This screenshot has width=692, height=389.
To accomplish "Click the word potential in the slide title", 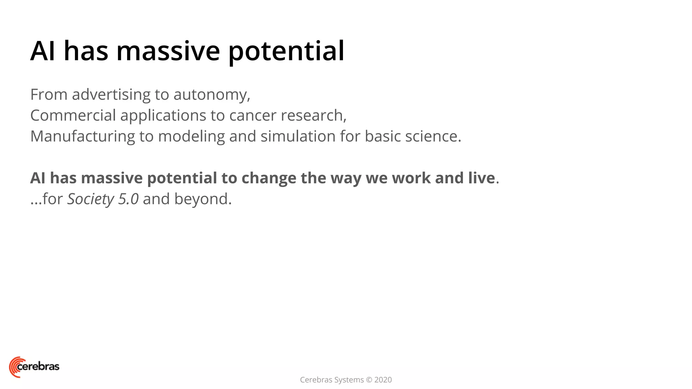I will pos(286,51).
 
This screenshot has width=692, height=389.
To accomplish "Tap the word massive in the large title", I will pos(168,51).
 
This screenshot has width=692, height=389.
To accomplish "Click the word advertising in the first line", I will pos(111,95).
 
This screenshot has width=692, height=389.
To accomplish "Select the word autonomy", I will pos(212,95).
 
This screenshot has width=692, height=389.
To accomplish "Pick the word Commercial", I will pos(73,115).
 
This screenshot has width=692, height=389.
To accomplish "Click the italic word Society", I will pos(91,199).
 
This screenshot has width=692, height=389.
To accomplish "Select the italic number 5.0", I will pos(128,199).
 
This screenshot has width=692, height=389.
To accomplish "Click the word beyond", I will pos(203,199).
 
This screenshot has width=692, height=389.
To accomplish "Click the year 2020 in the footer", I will pos(383,380).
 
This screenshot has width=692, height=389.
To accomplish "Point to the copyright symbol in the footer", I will pos(369,380).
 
